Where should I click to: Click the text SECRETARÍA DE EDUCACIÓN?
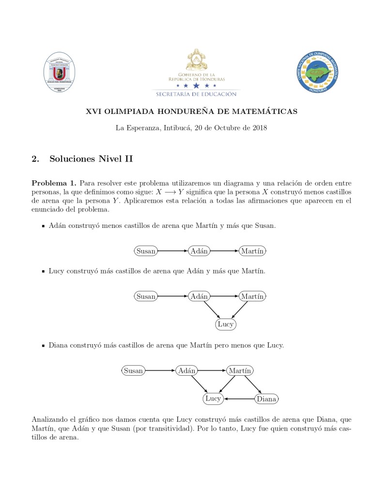pos(197,94)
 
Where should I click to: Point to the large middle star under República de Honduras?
pos(196,85)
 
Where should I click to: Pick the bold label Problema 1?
pos(54,183)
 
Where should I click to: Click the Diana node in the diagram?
pos(266,399)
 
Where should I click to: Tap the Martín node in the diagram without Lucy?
pos(252,251)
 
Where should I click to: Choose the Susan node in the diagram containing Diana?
pos(133,371)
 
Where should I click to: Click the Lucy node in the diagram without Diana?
pos(225,324)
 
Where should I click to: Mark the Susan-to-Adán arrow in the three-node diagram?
pos(172,251)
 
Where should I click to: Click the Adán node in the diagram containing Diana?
pos(186,371)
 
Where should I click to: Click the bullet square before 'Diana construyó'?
pos(43,346)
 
